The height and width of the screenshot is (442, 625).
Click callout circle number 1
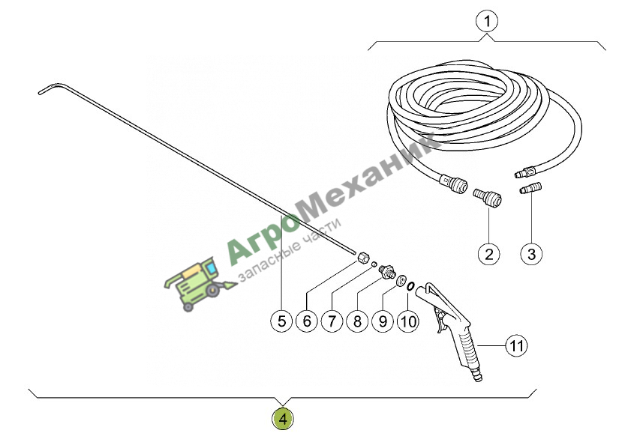487,21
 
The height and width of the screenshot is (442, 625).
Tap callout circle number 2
489,254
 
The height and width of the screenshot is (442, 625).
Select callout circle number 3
531,254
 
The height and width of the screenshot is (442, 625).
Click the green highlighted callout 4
283,419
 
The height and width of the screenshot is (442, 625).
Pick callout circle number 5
282,321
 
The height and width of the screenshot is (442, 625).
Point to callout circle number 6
307,321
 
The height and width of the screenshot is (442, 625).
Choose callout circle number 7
332,321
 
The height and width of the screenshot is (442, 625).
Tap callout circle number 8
357,321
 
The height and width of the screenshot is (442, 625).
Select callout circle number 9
383,321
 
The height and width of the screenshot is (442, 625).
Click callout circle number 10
407,321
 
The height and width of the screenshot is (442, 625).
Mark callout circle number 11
516,345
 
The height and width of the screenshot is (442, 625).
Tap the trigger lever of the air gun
440,320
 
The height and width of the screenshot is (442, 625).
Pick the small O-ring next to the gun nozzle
410,285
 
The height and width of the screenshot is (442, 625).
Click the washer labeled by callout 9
401,279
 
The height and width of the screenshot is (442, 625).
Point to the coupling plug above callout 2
487,197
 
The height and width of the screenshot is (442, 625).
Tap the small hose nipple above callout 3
531,187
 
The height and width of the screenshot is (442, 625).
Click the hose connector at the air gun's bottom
476,375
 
